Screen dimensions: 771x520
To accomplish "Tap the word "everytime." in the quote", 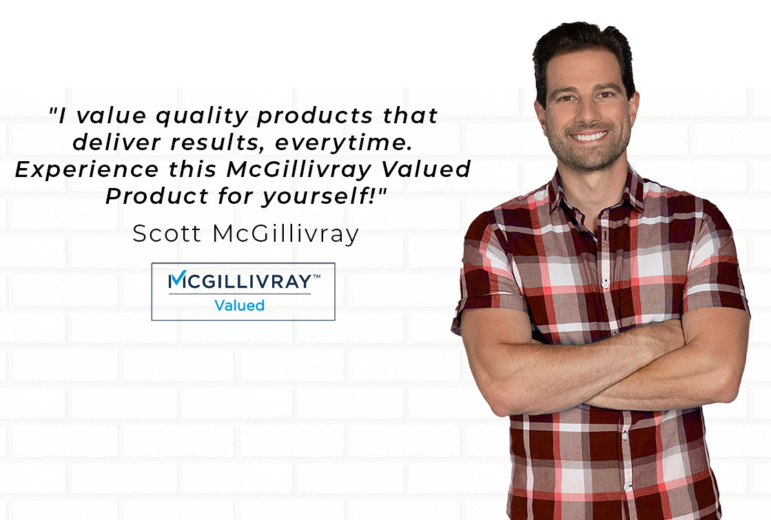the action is tap(343, 143).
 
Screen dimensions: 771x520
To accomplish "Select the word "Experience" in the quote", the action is tap(87, 170).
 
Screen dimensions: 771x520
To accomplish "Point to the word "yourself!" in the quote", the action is tap(325, 196).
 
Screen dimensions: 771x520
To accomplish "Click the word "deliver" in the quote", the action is tap(116, 142).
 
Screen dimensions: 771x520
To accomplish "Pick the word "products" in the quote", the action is tap(315, 116).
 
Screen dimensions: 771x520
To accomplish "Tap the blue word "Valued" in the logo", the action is tap(240, 306).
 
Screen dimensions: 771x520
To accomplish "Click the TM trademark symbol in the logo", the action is tap(317, 276).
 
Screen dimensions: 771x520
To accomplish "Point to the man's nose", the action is tap(586, 112).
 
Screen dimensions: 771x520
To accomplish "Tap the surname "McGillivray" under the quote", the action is tap(286, 234).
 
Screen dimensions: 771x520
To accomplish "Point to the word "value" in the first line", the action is tap(112, 116).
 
